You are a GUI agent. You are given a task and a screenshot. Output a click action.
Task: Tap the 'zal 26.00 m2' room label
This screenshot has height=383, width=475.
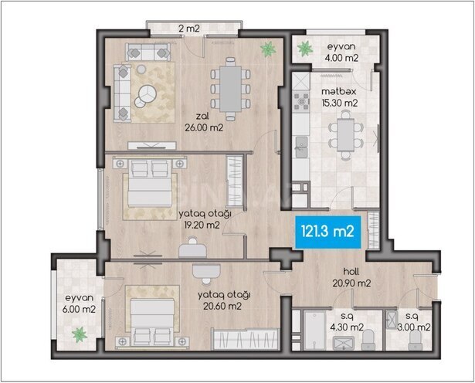pyautogui.click(x=204, y=124)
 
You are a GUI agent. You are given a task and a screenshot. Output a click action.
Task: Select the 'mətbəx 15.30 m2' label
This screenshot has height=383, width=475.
pyautogui.click(x=339, y=97)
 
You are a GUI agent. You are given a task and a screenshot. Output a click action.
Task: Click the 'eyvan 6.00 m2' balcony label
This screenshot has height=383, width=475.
pyautogui.click(x=78, y=303)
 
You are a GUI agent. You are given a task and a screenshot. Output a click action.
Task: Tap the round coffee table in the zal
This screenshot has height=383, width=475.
pyautogui.click(x=145, y=96)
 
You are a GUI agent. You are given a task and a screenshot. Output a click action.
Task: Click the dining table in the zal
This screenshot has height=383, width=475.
pyautogui.click(x=231, y=83)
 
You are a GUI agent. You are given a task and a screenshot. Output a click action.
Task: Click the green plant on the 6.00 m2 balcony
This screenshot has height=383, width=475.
pyautogui.click(x=78, y=334)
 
